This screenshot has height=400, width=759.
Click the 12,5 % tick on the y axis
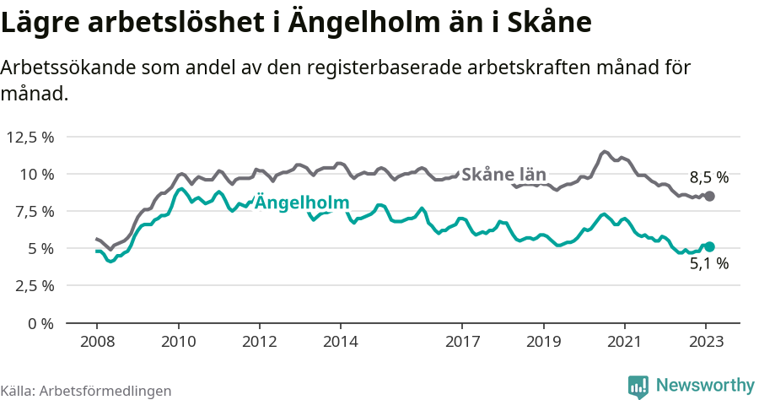pyautogui.click(x=30, y=137)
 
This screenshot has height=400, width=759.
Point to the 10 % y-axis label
pyautogui.click(x=37, y=174)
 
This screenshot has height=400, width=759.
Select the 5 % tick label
pyautogui.click(x=40, y=248)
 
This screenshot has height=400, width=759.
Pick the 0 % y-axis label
pyautogui.click(x=40, y=322)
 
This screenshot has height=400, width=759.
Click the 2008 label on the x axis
pyautogui.click(x=97, y=342)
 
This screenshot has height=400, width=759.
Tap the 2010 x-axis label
pyautogui.click(x=178, y=342)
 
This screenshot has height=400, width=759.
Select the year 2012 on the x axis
pyautogui.click(x=259, y=342)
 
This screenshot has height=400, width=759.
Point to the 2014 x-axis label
pyautogui.click(x=340, y=342)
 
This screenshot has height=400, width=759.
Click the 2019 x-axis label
pyautogui.click(x=543, y=342)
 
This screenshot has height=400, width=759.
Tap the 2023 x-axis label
pyautogui.click(x=705, y=342)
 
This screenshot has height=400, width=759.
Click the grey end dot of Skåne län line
pyautogui.click(x=709, y=196)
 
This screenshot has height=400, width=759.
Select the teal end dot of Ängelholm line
pyautogui.click(x=709, y=246)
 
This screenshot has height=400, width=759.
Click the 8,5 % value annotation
pyautogui.click(x=708, y=177)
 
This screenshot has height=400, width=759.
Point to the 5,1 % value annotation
pyautogui.click(x=708, y=264)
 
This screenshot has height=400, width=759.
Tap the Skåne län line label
pyautogui.click(x=504, y=175)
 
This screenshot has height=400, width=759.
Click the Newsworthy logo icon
pyautogui.click(x=638, y=386)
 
